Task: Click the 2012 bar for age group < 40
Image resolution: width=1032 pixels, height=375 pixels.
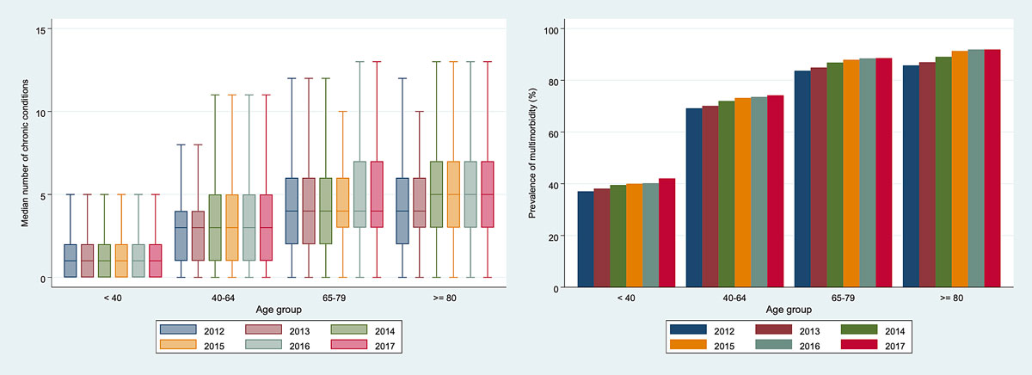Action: (x=586, y=239)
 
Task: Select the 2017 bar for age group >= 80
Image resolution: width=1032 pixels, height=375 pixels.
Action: (x=992, y=169)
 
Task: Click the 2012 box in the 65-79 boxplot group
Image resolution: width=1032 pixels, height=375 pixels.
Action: (x=292, y=212)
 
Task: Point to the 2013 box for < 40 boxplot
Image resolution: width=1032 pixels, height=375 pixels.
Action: (x=87, y=261)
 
